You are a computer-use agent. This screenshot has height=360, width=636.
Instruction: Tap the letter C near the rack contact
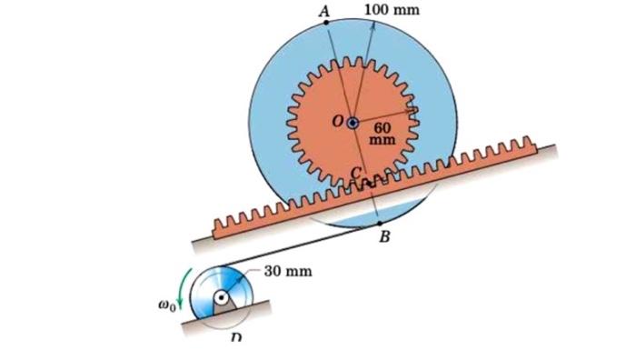click(x=357, y=173)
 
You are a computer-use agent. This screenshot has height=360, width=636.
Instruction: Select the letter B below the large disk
click(x=384, y=239)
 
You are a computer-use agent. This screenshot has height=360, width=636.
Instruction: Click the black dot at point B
click(x=379, y=223)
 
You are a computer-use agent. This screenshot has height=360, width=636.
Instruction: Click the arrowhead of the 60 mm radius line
click(x=413, y=109)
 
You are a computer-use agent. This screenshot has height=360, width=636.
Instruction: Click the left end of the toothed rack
click(x=218, y=225)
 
